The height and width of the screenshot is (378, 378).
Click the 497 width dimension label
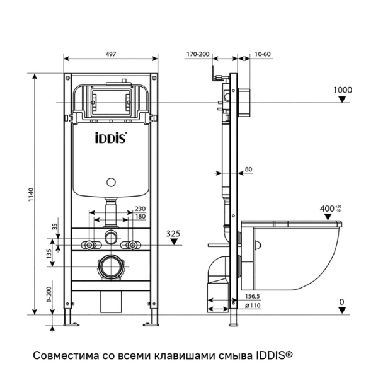coord(111,55)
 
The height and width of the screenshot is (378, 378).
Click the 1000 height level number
coord(342,89)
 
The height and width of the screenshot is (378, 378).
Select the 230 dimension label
coord(140,210)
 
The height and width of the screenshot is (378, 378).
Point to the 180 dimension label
coord(140,219)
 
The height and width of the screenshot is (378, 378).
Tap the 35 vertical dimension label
coord(55,227)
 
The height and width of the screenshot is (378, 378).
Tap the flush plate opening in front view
coord(111,100)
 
